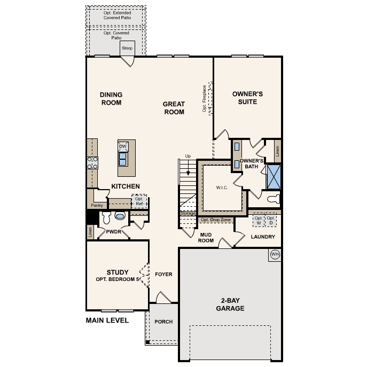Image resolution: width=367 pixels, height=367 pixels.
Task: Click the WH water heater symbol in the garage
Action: [275, 254]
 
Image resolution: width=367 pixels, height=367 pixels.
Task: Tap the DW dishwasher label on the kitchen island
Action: [123, 146]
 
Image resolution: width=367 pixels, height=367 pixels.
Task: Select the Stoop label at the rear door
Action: [127, 49]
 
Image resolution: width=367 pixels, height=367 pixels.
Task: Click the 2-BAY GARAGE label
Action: [230, 304]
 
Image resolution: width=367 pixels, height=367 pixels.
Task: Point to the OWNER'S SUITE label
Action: [247, 97]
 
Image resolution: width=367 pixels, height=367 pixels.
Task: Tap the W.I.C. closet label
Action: [222, 188]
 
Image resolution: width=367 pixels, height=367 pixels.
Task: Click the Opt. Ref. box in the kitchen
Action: [139, 201]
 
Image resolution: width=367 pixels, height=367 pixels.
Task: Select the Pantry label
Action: [97, 205]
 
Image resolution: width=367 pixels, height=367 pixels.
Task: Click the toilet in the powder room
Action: [106, 217]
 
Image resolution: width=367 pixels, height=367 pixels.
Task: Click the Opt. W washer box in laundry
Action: [259, 220]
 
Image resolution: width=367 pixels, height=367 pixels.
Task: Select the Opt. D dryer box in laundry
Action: [271, 220]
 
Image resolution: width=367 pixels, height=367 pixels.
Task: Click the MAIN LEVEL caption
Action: [107, 321]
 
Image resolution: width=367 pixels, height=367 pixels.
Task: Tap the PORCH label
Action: [163, 322]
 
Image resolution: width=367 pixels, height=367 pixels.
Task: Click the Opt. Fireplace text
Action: [205, 99]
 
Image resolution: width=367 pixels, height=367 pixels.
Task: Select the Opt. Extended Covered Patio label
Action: [116, 15]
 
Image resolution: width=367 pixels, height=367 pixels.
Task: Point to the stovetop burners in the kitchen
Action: [92, 162]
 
